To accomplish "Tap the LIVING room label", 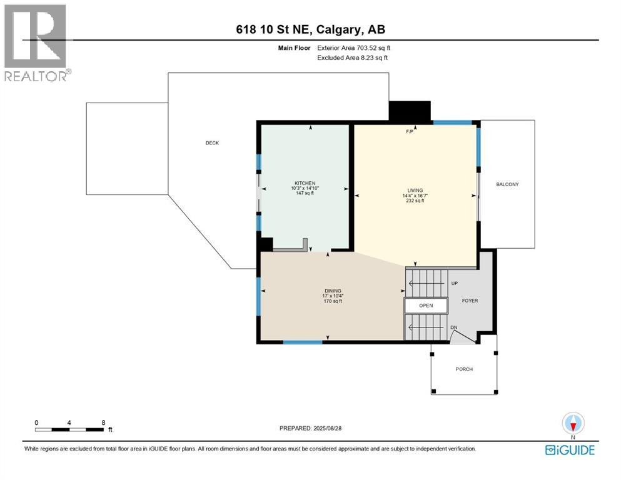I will coord(415,190).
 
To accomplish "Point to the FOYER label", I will coord(470,301).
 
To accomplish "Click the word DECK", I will coord(213,143).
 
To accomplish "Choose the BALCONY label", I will coord(507,184).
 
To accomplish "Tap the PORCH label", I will coord(464,369).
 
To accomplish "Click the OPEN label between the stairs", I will coord(426,306).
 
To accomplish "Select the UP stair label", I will coord(455,284).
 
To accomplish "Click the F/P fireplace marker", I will coord(410,132).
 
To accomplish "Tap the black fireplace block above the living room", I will coord(410,111).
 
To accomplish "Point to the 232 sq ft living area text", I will coord(415,201).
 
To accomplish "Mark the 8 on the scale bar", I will coord(103,422).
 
